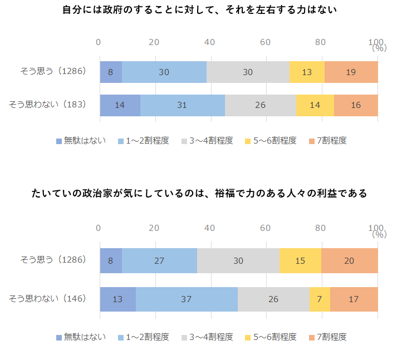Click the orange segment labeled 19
click(x=351, y=72)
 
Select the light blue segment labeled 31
click(x=183, y=105)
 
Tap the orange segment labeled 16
click(x=356, y=105)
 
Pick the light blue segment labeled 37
click(x=187, y=299)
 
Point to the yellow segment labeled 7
click(x=320, y=299)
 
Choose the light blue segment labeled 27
click(x=159, y=261)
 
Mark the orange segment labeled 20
click(x=349, y=261)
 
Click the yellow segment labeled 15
click(x=300, y=261)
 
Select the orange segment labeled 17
click(x=354, y=299)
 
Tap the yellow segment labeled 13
click(x=307, y=72)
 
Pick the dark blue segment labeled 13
click(x=117, y=299)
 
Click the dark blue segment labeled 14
click(x=120, y=105)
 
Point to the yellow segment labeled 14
click(x=315, y=105)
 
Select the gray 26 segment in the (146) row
click(x=273, y=299)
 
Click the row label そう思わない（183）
click(x=47, y=105)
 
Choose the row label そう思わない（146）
click(x=47, y=299)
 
